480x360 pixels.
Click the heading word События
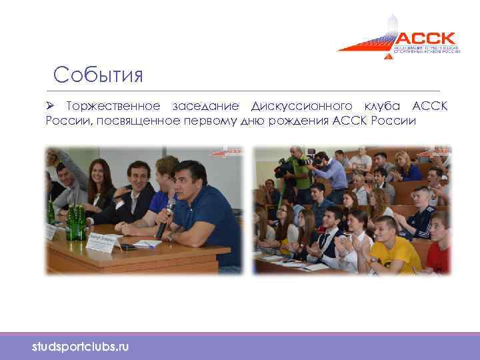99,74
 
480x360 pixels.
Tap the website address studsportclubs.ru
81,347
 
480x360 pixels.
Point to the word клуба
383,107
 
